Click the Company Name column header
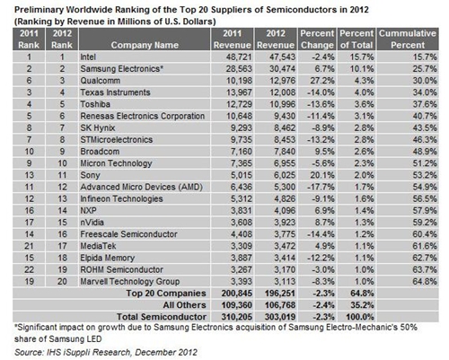[x=145, y=45]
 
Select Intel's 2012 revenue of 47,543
[x=282, y=57]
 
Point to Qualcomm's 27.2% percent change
[x=321, y=81]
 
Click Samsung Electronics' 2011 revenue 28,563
[x=239, y=69]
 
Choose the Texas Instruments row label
[x=115, y=92]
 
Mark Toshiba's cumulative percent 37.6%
[x=425, y=104]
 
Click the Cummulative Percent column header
[x=408, y=40]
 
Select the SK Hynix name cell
[x=98, y=127]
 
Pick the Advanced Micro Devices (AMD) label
[x=141, y=187]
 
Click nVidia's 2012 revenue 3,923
[x=285, y=223]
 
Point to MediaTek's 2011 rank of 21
[x=29, y=246]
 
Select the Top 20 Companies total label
[x=166, y=294]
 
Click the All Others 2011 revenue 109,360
[x=237, y=305]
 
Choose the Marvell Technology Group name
[x=130, y=282]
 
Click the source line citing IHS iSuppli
[x=106, y=352]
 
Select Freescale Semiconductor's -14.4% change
[x=321, y=234]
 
